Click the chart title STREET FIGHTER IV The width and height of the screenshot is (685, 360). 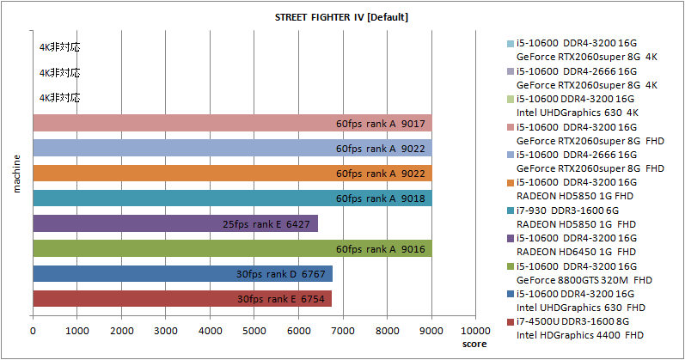pos(341,17)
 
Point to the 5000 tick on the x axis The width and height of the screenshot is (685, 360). pos(254,329)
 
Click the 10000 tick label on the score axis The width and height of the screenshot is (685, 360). pos(475,329)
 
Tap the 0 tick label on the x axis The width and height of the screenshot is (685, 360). pos(33,329)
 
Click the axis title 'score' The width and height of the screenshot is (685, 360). pos(473,344)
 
